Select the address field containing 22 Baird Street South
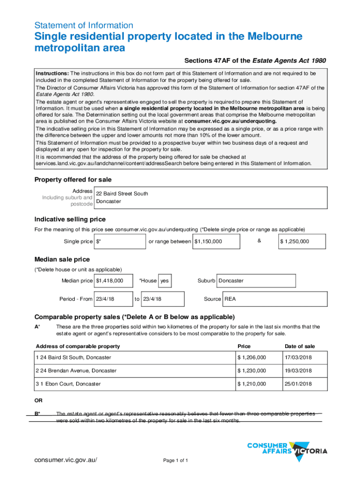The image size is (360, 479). [210, 197]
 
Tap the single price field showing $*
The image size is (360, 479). [120, 241]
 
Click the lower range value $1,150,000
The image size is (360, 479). [216, 241]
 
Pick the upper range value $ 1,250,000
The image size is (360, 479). [302, 241]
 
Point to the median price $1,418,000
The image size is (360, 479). [114, 281]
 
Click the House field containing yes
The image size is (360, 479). [165, 281]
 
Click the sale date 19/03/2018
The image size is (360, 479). [298, 370]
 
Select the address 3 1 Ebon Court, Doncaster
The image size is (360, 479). [68, 384]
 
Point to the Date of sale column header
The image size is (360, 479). [300, 346]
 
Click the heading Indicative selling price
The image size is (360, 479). [70, 219]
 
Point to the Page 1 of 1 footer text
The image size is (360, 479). [176, 461]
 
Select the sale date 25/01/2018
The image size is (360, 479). [298, 384]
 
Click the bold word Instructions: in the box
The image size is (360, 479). [52, 73]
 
